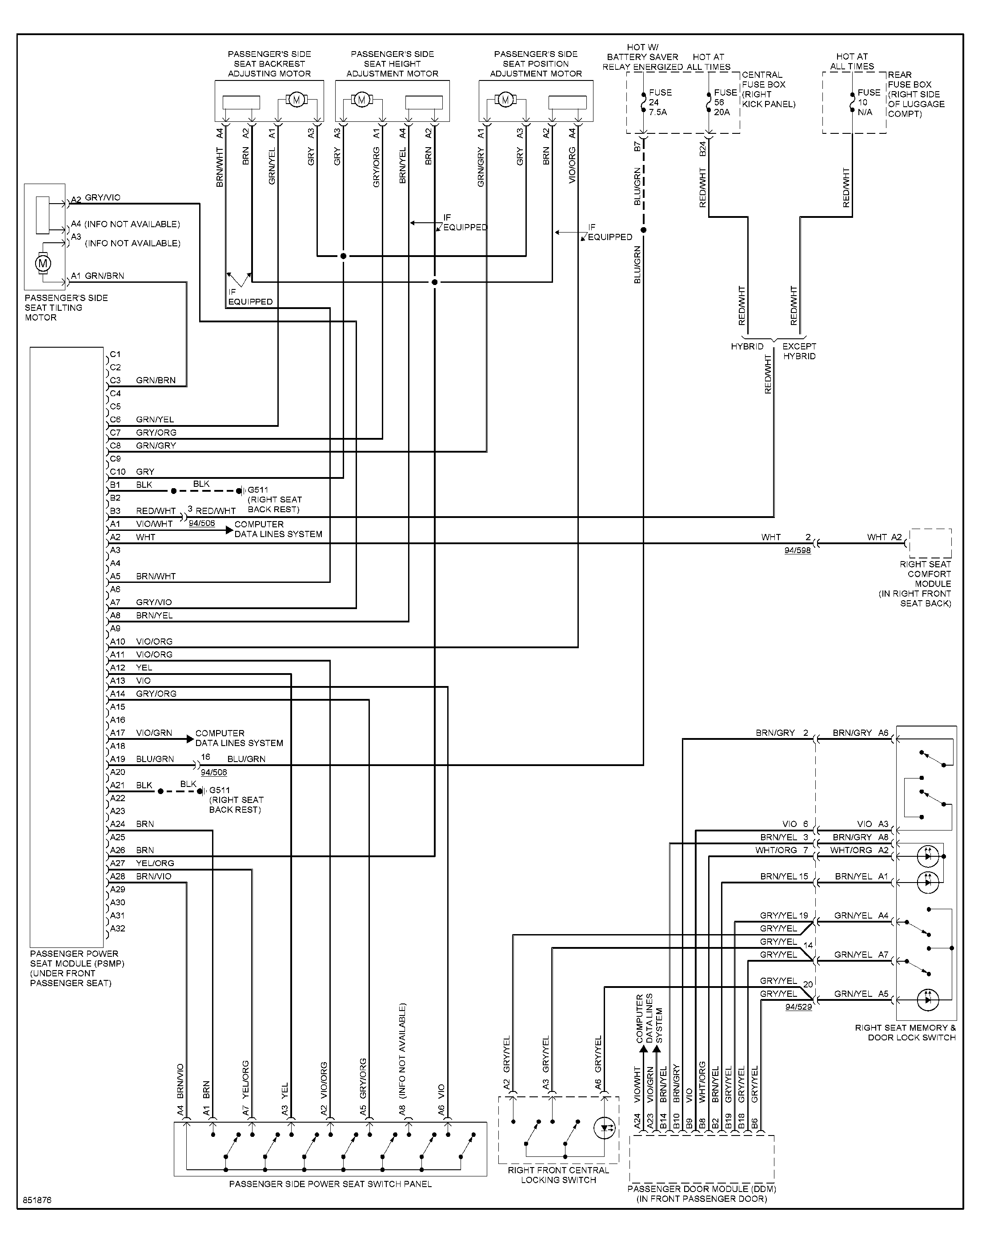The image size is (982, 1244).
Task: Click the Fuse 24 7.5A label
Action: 660,102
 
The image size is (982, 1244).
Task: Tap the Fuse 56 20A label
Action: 725,102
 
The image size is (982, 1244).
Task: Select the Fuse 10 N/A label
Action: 869,102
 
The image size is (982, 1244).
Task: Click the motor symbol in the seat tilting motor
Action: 43,264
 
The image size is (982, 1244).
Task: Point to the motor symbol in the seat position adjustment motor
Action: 505,100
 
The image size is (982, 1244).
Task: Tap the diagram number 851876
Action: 37,1200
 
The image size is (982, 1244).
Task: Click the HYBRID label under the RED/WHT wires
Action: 747,347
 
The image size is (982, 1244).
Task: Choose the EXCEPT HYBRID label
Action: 799,351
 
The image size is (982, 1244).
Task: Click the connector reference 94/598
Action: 798,551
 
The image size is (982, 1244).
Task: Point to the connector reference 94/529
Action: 798,1007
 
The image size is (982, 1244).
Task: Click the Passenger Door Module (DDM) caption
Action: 701,1193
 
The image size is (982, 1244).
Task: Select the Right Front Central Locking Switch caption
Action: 558,1175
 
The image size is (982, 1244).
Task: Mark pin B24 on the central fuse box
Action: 702,149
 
